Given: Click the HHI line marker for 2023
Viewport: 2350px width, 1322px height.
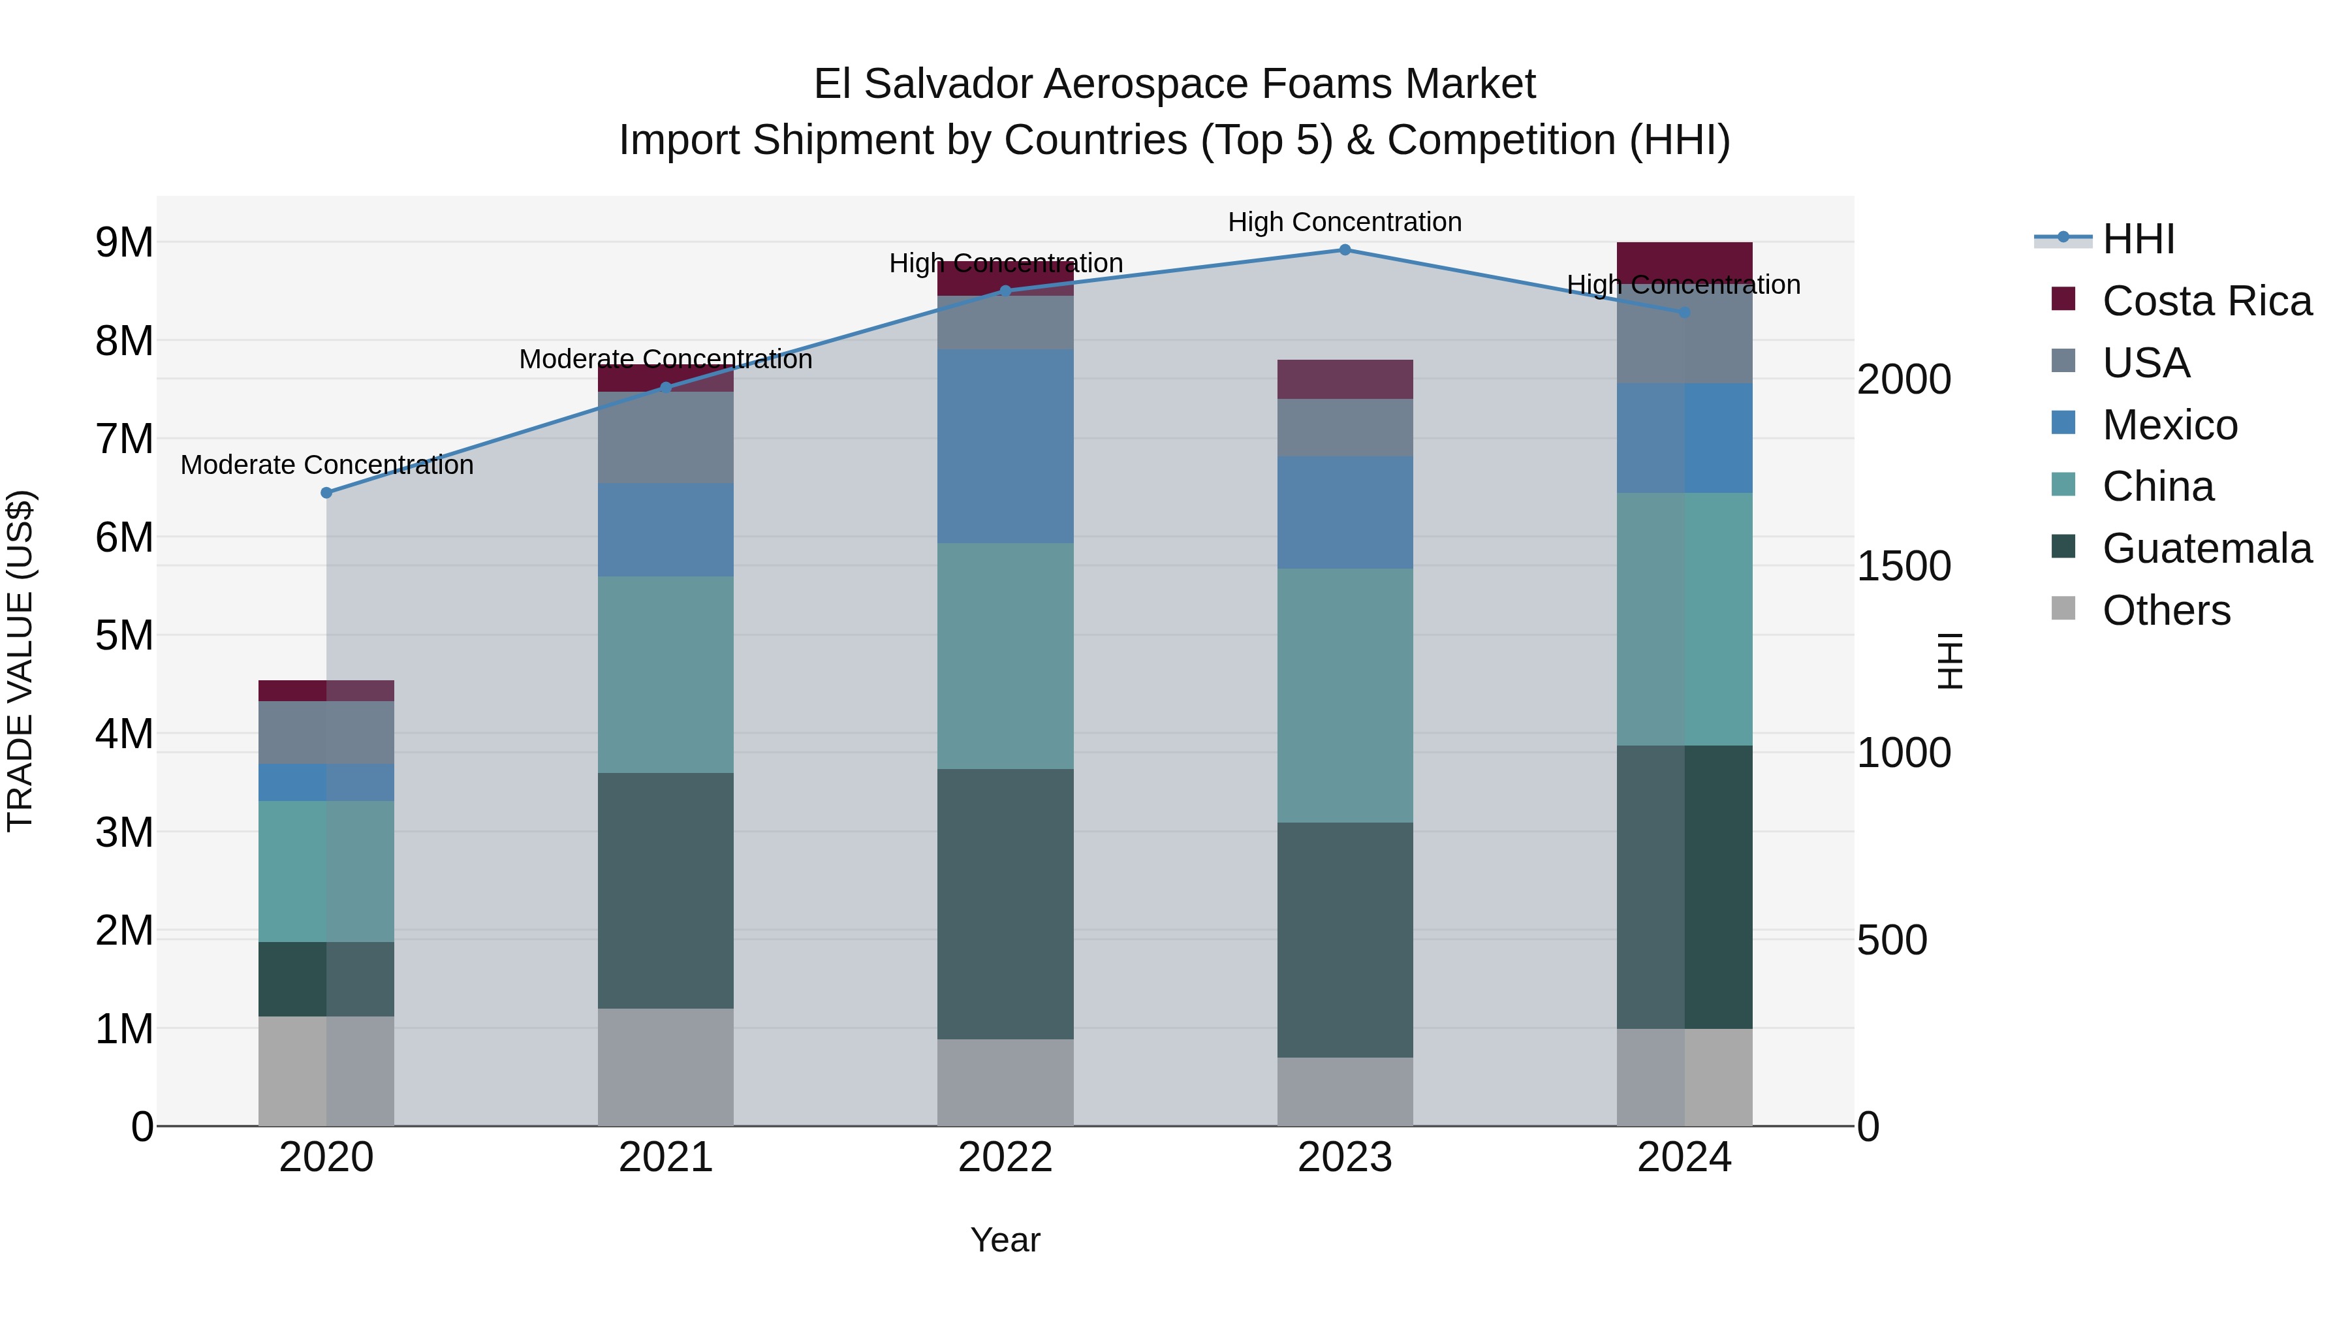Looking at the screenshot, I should [1345, 250].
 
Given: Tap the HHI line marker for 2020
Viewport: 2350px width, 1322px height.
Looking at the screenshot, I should [326, 493].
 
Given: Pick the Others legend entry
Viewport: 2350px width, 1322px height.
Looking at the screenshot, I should [2166, 610].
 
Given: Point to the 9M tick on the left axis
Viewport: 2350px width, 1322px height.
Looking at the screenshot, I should [124, 243].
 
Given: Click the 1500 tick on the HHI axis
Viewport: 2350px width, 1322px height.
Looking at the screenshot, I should [1904, 567].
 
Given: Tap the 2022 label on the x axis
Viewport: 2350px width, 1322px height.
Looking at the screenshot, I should [1005, 1157].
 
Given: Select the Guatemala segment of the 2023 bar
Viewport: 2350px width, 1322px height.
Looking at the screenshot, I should [1345, 939].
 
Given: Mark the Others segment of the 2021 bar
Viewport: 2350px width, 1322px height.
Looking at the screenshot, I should [666, 1067].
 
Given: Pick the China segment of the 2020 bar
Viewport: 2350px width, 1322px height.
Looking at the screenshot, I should [326, 872].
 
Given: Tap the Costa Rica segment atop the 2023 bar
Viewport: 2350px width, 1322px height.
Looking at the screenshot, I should [1345, 379].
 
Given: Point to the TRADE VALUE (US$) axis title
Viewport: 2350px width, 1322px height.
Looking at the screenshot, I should [20, 661].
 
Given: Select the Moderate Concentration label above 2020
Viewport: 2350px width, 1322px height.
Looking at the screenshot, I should [326, 465].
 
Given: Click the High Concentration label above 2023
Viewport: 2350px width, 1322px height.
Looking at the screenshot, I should [1345, 223].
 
